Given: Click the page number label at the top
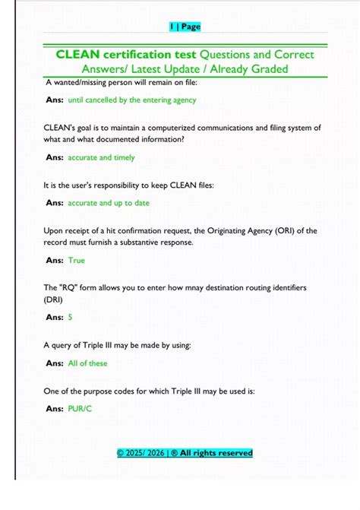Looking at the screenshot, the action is tap(185, 27).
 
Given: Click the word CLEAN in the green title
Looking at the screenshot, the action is tap(77, 55).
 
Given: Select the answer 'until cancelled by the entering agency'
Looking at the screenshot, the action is tap(132, 100).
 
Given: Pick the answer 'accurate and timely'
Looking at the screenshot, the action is tap(101, 157).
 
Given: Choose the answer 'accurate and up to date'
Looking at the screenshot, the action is tap(109, 203).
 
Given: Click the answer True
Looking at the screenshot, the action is tap(77, 260).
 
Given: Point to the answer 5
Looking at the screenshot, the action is tap(71, 317).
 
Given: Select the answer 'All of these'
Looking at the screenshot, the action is tap(88, 363).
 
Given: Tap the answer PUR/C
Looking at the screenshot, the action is tap(80, 408).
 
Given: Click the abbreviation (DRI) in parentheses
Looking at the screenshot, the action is tap(55, 299).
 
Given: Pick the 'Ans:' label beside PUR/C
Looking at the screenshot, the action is tap(54, 408).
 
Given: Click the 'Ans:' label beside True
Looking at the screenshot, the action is tap(54, 260).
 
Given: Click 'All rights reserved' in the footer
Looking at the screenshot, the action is tap(216, 453).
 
